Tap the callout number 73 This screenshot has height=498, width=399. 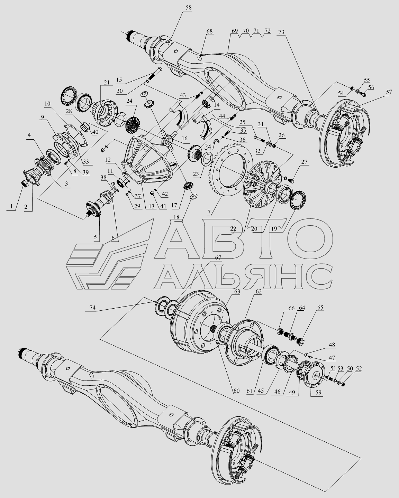281,32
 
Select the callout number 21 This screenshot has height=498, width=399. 106,82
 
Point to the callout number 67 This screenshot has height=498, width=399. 218,257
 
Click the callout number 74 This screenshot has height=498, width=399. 92,308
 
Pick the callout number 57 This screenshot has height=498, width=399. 389,92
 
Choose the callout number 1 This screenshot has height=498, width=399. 10,206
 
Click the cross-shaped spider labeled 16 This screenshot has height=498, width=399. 169,141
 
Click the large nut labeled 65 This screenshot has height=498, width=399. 300,341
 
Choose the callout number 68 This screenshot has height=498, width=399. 209,31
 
